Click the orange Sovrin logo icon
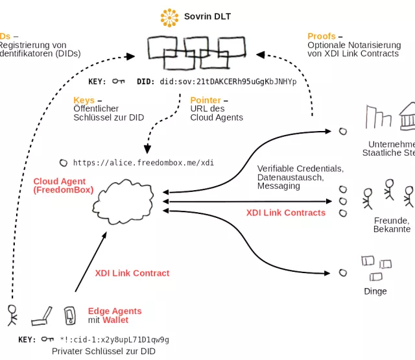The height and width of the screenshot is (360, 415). tap(169, 18)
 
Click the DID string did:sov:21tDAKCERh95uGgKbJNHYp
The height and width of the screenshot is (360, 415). tap(228, 82)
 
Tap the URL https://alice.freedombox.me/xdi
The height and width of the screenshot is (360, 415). tap(143, 163)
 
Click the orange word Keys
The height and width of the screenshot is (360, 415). tap(84, 101)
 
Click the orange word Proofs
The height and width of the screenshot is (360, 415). tap(322, 36)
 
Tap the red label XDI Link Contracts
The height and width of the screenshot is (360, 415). tap(285, 213)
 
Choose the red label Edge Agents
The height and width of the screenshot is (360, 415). tap(115, 311)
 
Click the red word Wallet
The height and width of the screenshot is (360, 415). tap(115, 320)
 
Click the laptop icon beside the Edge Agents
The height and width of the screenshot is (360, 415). tap(41, 317)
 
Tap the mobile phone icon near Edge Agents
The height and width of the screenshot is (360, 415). tap(70, 316)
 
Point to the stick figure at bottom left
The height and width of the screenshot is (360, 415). tap(12, 314)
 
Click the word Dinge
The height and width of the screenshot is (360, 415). tap(375, 291)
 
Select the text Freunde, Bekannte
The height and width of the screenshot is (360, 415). tap(392, 224)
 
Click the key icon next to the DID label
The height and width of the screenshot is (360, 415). tap(118, 82)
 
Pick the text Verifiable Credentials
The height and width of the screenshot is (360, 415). tap(300, 169)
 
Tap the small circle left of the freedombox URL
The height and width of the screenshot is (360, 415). tap(63, 163)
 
